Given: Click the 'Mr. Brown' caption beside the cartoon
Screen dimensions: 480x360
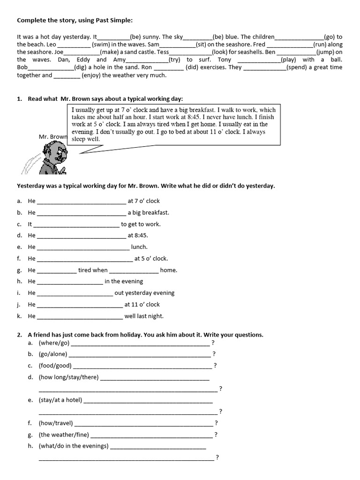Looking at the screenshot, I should point(53,137).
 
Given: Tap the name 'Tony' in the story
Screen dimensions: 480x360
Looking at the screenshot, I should point(225,60).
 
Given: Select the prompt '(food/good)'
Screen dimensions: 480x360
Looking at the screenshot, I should point(55,366).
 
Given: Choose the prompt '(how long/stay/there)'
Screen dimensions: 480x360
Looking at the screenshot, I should point(68,377).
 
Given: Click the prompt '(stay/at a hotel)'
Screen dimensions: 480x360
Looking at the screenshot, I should point(60,400).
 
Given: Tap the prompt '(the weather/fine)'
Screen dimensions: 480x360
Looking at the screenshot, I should point(64,435).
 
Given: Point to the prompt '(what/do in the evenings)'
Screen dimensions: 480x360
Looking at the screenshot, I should point(74,446).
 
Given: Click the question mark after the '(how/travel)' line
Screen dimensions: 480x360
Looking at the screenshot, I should point(216,423).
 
